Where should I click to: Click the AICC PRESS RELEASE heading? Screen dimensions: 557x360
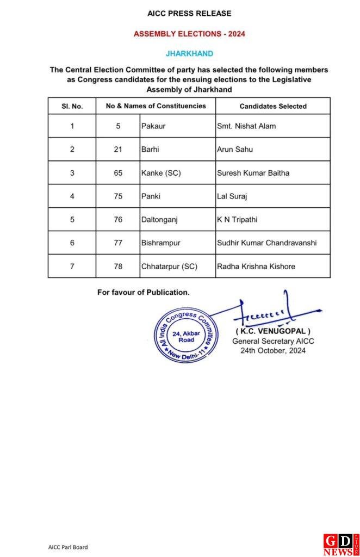pos(189,13)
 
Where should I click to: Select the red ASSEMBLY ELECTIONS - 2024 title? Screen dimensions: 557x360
pos(189,34)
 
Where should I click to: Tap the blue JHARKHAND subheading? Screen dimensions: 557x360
pos(189,53)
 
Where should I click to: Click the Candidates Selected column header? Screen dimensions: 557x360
pos(273,106)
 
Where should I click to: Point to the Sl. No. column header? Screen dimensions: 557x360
pos(72,106)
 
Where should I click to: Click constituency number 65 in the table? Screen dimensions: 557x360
pos(118,173)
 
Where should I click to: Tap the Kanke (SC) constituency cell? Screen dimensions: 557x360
pos(161,173)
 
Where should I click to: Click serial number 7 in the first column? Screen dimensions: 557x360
pos(72,267)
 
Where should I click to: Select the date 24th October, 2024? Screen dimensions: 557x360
pos(273,351)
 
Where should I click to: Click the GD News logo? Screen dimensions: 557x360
pos(341,544)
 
